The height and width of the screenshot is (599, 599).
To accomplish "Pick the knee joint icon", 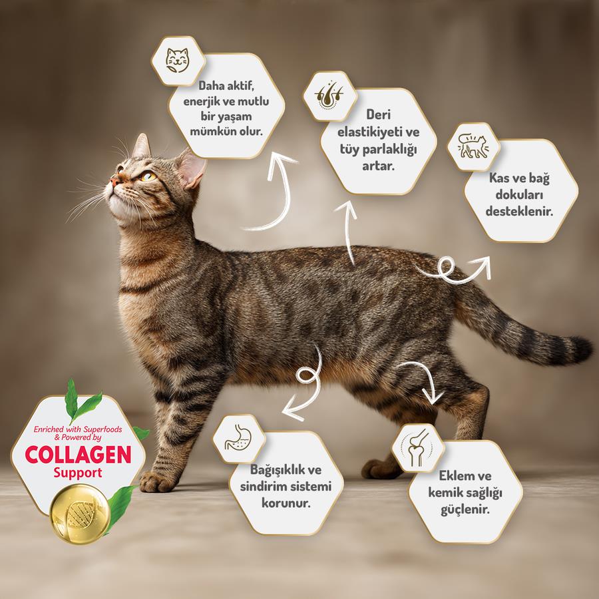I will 417,447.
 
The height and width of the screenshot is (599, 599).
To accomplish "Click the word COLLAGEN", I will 78,455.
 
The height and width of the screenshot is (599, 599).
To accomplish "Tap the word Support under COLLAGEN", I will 78,474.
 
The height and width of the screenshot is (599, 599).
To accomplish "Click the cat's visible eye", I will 148,176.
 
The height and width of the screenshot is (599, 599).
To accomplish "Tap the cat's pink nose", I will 114,180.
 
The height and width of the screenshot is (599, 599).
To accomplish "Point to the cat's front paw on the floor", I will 158,481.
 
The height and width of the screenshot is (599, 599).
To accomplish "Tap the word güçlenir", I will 465,510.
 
